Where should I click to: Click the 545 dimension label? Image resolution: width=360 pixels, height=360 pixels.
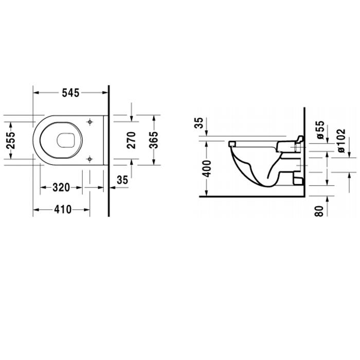pyautogui.click(x=70, y=93)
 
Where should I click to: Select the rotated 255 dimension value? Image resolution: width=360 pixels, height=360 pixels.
pyautogui.click(x=11, y=140)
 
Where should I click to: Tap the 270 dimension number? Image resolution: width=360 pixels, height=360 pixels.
pyautogui.click(x=131, y=140)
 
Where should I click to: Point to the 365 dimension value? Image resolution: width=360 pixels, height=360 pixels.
pyautogui.click(x=154, y=140)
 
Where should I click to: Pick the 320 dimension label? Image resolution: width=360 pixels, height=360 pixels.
pyautogui.click(x=61, y=188)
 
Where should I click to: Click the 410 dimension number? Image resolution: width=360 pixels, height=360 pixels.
pyautogui.click(x=63, y=210)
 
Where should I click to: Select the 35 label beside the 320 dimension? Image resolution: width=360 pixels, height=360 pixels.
pyautogui.click(x=122, y=180)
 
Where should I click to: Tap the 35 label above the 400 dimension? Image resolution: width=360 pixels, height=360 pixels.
pyautogui.click(x=199, y=123)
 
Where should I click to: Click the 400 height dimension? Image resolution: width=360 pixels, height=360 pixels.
pyautogui.click(x=206, y=169)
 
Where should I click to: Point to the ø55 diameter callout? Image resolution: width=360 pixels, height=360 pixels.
pyautogui.click(x=321, y=130)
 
